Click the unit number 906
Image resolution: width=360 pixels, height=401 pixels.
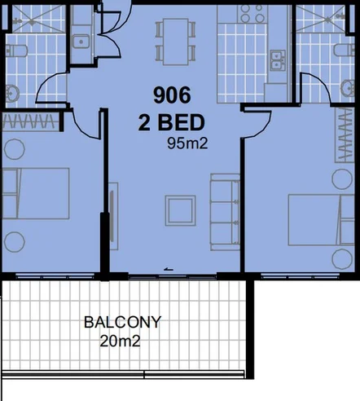(x=172, y=95)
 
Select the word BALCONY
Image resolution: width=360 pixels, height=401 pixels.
(x=122, y=322)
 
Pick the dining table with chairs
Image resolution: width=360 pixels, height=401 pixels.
(x=176, y=40)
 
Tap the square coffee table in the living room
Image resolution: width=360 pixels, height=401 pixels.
(x=179, y=210)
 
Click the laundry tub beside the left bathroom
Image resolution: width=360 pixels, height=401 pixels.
(x=81, y=41)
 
